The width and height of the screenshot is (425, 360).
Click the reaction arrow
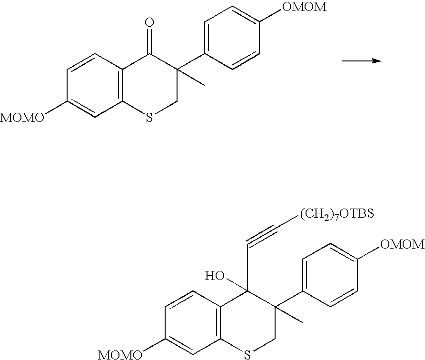[362, 60]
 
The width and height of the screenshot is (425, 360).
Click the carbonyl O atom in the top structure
[150, 22]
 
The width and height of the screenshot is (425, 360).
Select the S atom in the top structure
[149, 118]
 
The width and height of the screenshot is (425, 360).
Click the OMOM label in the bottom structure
[402, 245]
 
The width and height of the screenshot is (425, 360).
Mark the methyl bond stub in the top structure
[190, 78]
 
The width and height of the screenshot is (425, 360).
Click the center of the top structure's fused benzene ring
[95, 86]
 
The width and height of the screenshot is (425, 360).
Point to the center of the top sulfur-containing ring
[149, 86]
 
